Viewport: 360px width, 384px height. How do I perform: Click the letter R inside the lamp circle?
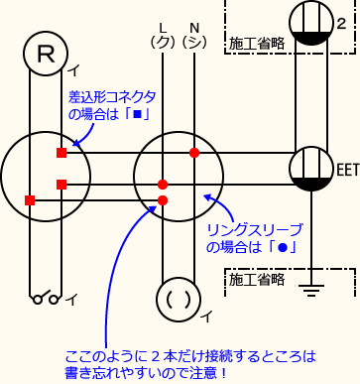coord(45,54)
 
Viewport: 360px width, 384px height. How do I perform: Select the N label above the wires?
coord(194,26)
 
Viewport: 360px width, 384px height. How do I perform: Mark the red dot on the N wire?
coord(194,153)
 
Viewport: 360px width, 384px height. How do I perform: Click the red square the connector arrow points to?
coord(61,153)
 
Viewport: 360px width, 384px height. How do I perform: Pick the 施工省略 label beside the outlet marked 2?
coord(256,44)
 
